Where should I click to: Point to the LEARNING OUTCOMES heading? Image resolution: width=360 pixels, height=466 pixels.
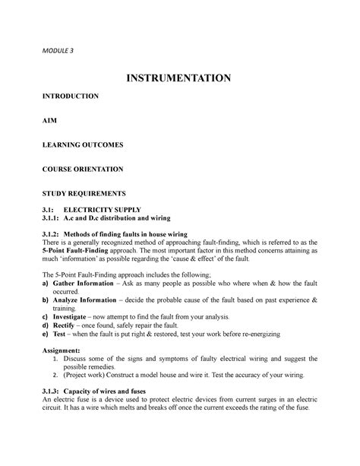pos(84,144)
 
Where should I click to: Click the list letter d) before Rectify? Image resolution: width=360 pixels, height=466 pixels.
pos(46,326)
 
